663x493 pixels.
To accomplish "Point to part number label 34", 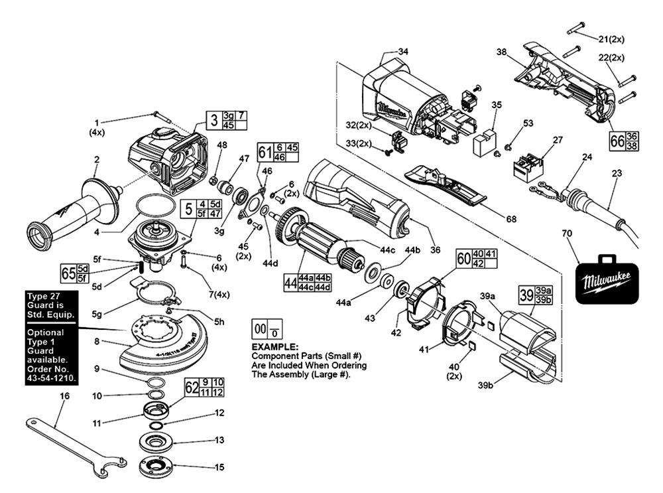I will (404, 51).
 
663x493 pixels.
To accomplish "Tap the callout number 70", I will (566, 234).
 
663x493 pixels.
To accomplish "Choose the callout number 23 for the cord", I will (618, 173).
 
